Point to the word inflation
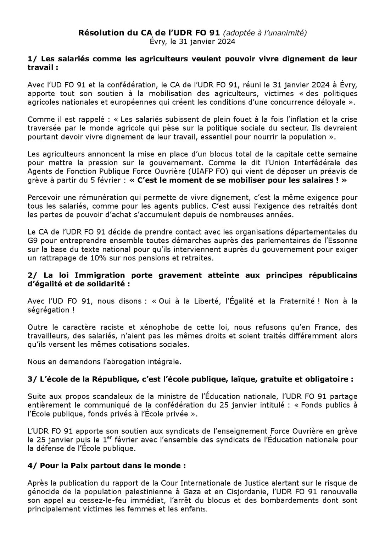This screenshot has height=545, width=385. [x=306, y=119]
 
